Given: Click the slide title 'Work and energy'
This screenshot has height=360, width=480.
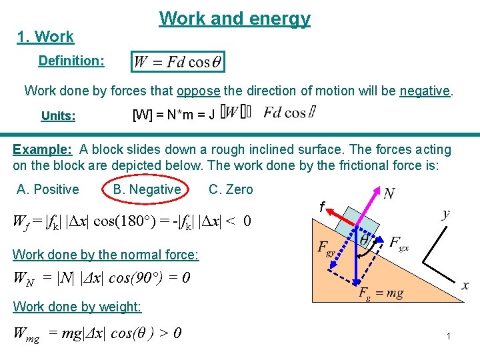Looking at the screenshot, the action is point(235,19).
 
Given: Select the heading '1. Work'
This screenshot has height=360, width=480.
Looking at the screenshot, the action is point(45,37).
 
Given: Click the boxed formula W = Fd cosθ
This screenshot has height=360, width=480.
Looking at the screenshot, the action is point(178,62).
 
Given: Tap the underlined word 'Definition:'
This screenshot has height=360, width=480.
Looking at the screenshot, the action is point(71,61).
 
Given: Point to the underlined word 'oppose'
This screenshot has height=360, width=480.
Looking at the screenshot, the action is point(199,91).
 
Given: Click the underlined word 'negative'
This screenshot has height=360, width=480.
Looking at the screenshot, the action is point(425,91).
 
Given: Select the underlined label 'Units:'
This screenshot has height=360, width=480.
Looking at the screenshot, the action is point(58,116).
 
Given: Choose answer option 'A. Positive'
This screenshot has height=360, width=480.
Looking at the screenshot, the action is point(47,189).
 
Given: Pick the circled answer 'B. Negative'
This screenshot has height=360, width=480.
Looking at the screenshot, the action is point(147,189).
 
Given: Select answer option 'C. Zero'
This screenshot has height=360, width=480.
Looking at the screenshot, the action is point(231,189).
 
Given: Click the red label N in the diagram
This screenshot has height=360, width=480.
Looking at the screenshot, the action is point(389,193).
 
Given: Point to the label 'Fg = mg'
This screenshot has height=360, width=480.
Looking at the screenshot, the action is point(381,293).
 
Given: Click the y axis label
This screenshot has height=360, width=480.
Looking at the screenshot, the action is point(445,213).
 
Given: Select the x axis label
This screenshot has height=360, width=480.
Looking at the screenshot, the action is point(465,285).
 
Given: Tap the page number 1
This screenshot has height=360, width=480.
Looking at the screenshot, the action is point(449,337).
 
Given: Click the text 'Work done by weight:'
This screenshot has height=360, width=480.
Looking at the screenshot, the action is point(77,307).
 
